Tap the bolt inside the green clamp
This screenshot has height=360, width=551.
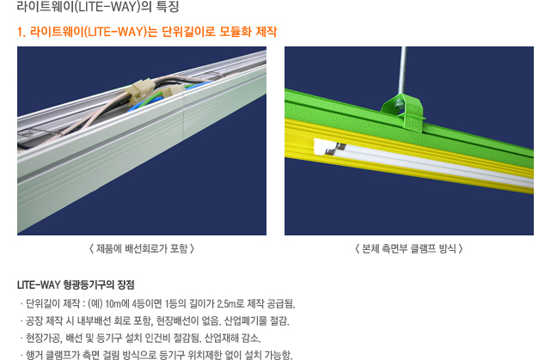point(399,103)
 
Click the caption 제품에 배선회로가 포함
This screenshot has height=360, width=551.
point(142,248)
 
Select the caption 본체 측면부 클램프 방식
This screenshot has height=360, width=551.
point(409,248)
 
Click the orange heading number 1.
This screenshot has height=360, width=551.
point(21,32)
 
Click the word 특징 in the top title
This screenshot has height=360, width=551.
point(168,6)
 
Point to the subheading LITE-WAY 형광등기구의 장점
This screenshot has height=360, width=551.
point(76,284)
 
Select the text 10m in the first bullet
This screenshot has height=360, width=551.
point(113,303)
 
